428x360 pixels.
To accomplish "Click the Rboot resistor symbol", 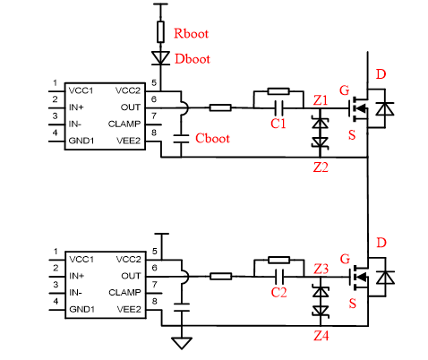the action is click(x=160, y=31).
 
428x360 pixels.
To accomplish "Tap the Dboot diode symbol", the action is click(x=160, y=57).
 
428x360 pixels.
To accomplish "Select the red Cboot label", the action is click(x=212, y=139).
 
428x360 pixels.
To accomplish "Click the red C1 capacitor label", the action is click(x=278, y=124).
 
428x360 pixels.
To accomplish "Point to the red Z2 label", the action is click(x=321, y=167).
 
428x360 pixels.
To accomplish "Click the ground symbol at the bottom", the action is click(x=182, y=343).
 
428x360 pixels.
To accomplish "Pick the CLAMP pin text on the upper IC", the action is click(x=124, y=124).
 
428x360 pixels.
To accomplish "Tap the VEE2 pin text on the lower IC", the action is click(x=129, y=309).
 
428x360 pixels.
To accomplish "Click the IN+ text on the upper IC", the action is click(x=76, y=107).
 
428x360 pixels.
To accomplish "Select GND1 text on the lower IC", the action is click(x=81, y=309).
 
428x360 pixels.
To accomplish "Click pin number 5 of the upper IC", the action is click(x=154, y=82).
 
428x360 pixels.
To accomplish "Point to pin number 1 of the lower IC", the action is click(x=56, y=252).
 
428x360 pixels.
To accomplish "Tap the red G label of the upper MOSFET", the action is click(x=345, y=90).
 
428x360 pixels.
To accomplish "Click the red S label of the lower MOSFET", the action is click(x=353, y=304).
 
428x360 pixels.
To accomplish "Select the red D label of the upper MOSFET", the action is click(x=381, y=74).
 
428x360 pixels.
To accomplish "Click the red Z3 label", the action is click(x=321, y=269).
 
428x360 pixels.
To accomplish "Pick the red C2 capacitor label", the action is click(x=278, y=292).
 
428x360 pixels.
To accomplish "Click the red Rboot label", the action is click(x=191, y=33).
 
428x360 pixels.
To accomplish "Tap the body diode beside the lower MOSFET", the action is click(x=385, y=278).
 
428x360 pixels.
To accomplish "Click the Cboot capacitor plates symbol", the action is click(x=181, y=139).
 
